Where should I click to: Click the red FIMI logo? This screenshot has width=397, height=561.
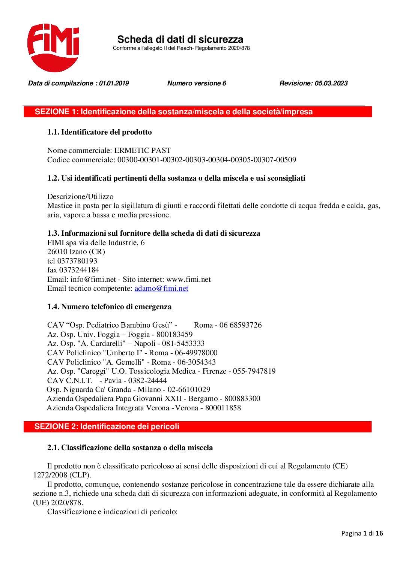(53, 47)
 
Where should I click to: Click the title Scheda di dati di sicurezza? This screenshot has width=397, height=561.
(180, 39)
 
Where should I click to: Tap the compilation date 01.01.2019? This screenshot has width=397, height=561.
(114, 83)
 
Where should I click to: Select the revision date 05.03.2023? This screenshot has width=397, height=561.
(331, 83)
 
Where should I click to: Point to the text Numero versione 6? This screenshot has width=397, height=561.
(197, 83)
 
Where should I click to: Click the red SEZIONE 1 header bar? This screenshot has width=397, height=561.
(198, 112)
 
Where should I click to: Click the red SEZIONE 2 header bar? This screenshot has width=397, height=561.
(198, 426)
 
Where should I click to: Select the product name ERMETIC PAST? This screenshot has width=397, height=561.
(143, 150)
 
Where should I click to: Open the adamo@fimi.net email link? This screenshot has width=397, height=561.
(161, 288)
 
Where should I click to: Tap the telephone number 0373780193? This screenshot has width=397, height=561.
(77, 261)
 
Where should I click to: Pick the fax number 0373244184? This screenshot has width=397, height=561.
(79, 270)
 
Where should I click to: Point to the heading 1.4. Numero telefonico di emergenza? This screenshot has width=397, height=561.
(109, 307)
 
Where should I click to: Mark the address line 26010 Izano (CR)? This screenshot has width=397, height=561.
(76, 251)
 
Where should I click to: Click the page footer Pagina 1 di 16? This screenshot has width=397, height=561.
(362, 533)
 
